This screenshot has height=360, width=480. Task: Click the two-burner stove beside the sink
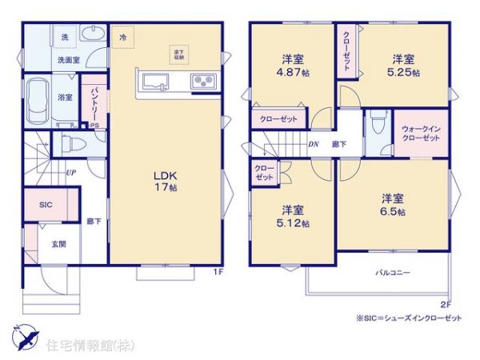[x=199, y=82]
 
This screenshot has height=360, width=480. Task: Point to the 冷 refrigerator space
[x=122, y=37]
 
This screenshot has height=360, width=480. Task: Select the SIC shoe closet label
[x=45, y=205]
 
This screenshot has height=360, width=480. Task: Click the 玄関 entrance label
[x=59, y=245]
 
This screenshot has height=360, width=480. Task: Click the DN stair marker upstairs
[x=314, y=145]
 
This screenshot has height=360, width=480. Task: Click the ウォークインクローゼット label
[x=420, y=134]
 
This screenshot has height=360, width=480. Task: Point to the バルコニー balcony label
[x=393, y=272]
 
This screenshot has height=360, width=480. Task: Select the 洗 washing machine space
[x=64, y=38]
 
